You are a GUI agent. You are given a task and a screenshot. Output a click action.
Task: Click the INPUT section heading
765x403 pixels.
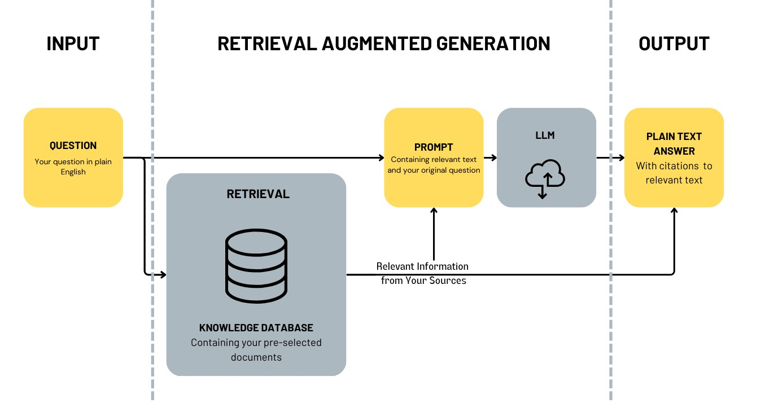(x=73, y=43)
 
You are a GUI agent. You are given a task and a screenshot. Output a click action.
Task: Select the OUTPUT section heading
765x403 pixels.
(x=674, y=43)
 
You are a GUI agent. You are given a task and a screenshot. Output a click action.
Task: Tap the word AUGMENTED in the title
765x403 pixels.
(x=377, y=43)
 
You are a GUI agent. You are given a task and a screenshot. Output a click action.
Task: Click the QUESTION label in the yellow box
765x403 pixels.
(x=73, y=146)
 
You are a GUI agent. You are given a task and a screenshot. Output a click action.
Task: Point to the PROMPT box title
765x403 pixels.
(x=434, y=147)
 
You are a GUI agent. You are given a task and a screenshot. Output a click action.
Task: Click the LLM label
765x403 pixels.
(x=545, y=135)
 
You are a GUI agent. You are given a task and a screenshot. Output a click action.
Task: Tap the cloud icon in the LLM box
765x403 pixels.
(x=545, y=178)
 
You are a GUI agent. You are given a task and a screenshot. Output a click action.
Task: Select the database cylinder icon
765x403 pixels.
(x=256, y=266)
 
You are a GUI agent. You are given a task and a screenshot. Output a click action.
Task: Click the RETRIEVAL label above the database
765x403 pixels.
(x=258, y=194)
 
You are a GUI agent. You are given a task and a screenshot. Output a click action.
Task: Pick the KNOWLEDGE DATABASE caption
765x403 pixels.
(x=256, y=327)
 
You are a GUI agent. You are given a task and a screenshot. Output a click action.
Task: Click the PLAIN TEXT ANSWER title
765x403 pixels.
(x=674, y=143)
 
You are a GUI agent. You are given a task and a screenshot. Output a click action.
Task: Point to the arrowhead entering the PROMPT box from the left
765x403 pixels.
(x=382, y=157)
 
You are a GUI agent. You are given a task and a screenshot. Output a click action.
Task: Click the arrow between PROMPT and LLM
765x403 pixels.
(x=491, y=157)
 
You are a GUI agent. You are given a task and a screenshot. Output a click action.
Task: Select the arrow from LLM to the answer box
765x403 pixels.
(x=611, y=157)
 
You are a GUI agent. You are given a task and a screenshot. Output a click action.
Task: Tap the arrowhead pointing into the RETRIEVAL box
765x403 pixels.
(x=163, y=274)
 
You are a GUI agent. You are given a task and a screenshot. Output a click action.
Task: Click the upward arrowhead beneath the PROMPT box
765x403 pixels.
(x=434, y=211)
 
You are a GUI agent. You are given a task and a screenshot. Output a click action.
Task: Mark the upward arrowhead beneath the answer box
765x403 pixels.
(x=674, y=211)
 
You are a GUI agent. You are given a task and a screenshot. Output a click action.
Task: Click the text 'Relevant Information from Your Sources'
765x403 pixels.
(x=422, y=273)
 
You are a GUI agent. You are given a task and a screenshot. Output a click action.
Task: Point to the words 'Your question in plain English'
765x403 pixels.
(x=73, y=167)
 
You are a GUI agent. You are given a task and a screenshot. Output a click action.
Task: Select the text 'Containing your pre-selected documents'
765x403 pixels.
(x=256, y=350)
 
